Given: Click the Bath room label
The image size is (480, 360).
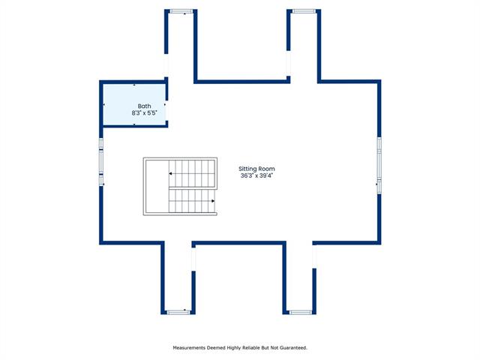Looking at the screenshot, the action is coord(144,106).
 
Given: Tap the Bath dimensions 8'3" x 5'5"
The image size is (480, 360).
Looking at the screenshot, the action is coord(144,113).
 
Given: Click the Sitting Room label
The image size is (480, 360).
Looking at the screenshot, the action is coord(256,169).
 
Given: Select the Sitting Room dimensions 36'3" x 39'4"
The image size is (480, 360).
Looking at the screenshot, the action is coord(256,175).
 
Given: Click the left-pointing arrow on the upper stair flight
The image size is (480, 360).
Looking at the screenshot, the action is coord(170,173).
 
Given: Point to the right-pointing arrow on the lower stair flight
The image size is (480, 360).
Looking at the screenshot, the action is coord(213,201).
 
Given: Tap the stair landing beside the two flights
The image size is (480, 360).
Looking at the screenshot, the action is coord(157,186).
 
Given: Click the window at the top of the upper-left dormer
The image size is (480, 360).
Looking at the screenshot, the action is coord(181,12).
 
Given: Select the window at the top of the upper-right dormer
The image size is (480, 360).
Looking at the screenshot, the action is coord(304,11).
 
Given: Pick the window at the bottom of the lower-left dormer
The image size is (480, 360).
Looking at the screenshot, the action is coord(178,312).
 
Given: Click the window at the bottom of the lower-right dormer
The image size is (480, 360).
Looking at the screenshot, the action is coord(301,312).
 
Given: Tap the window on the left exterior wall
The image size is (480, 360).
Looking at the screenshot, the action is coord(101,162).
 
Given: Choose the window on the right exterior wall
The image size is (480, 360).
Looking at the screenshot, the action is coord(379,165).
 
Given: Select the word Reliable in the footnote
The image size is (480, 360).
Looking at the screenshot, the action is coord(252,348).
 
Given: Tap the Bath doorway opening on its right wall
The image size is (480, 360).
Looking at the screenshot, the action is coord(166,110).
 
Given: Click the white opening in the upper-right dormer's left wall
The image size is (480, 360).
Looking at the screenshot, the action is coord(288,63).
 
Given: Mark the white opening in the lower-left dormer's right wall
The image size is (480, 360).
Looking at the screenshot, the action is coord(193,259).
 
